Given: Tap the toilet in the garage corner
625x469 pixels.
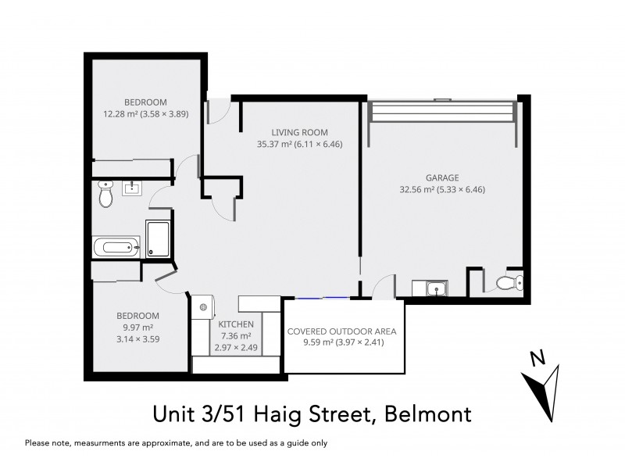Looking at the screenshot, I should pyautogui.click(x=509, y=283).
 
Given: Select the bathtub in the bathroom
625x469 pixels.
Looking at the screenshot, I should pyautogui.click(x=116, y=248).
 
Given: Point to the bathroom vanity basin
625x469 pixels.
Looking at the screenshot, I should pyautogui.click(x=130, y=188).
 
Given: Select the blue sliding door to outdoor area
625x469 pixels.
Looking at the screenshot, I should pyautogui.click(x=321, y=298).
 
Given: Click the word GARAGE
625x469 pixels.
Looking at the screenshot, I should pyautogui.click(x=442, y=177).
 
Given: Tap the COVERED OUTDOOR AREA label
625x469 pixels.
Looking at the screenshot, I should pyautogui.click(x=342, y=331).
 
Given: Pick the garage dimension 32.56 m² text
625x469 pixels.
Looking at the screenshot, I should pyautogui.click(x=419, y=188).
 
